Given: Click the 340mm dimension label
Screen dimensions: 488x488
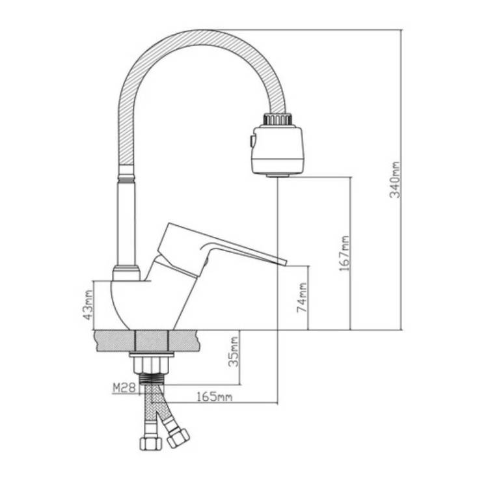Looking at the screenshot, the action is (395, 180).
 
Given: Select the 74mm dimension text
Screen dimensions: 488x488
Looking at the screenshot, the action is (302, 297).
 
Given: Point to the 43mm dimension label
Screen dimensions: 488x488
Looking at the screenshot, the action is (88, 305).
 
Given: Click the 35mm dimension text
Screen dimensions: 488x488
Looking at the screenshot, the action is (234, 352).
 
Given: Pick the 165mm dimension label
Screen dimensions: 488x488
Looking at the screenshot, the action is (215, 397).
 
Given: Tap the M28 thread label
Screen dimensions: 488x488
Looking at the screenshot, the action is (124, 388).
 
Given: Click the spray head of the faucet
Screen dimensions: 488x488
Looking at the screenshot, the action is (277, 150).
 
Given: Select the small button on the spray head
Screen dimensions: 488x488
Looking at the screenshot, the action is (251, 141).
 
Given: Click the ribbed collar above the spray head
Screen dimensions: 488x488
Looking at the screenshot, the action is (278, 120).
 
